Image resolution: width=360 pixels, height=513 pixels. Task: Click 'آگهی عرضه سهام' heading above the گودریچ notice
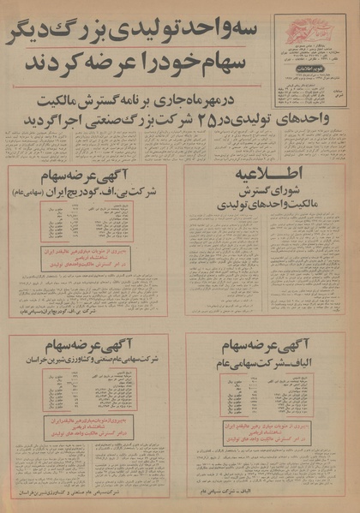tap(89, 178)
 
